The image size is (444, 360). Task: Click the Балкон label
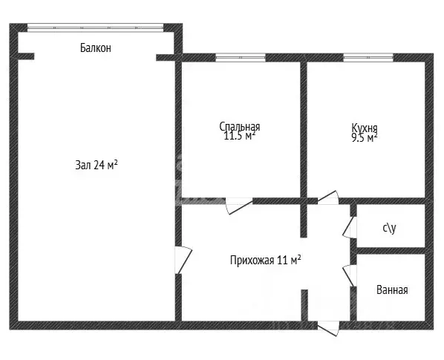(96, 48)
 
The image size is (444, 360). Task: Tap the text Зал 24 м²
(97, 165)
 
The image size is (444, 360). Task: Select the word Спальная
(240, 126)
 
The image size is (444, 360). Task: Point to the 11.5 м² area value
(240, 136)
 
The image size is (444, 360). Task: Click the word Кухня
(365, 128)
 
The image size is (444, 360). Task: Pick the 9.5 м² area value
(365, 138)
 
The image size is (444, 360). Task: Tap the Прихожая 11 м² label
(265, 260)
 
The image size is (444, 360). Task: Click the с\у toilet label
(390, 228)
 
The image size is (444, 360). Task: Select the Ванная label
(392, 290)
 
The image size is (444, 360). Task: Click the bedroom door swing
(239, 206)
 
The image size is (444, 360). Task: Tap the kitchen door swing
(328, 197)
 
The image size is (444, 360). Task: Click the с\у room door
(350, 227)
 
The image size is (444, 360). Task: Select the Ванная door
(350, 275)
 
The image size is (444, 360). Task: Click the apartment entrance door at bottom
(328, 328)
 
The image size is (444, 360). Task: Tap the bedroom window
(241, 57)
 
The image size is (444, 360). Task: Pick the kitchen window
(368, 57)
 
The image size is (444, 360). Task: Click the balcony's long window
(96, 27)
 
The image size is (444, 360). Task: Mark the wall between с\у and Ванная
(391, 251)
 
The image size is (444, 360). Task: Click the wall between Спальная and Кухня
(304, 130)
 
